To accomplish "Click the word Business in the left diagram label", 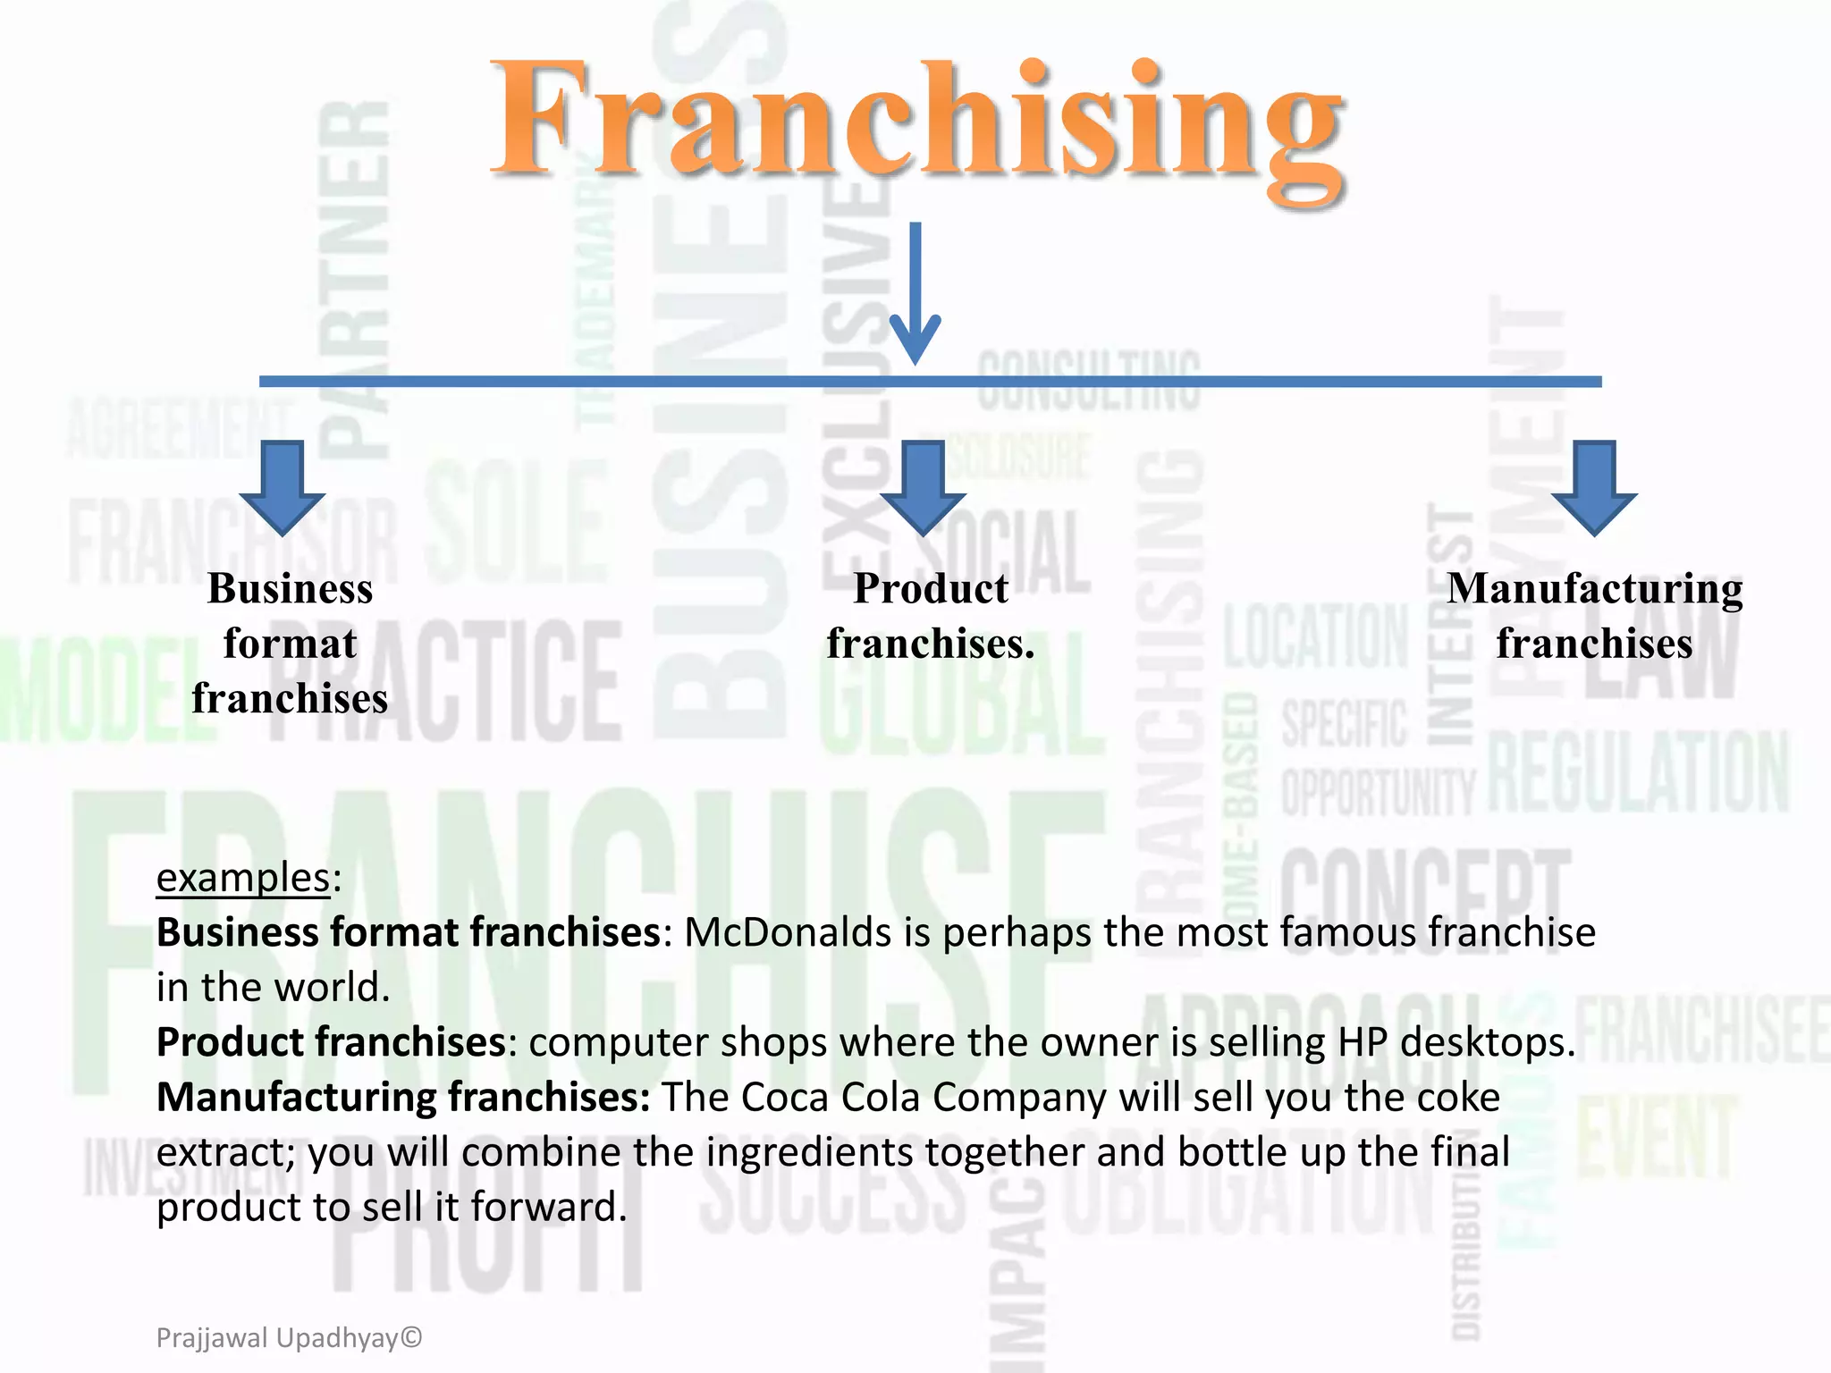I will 291,589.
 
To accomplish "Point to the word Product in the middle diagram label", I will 931,589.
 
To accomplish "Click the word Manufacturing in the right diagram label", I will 1595,589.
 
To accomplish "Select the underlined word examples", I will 243,878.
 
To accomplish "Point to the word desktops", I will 1487,1042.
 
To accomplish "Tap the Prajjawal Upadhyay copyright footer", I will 289,1338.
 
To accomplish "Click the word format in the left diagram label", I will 291,644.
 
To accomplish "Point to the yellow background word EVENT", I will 1657,1138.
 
